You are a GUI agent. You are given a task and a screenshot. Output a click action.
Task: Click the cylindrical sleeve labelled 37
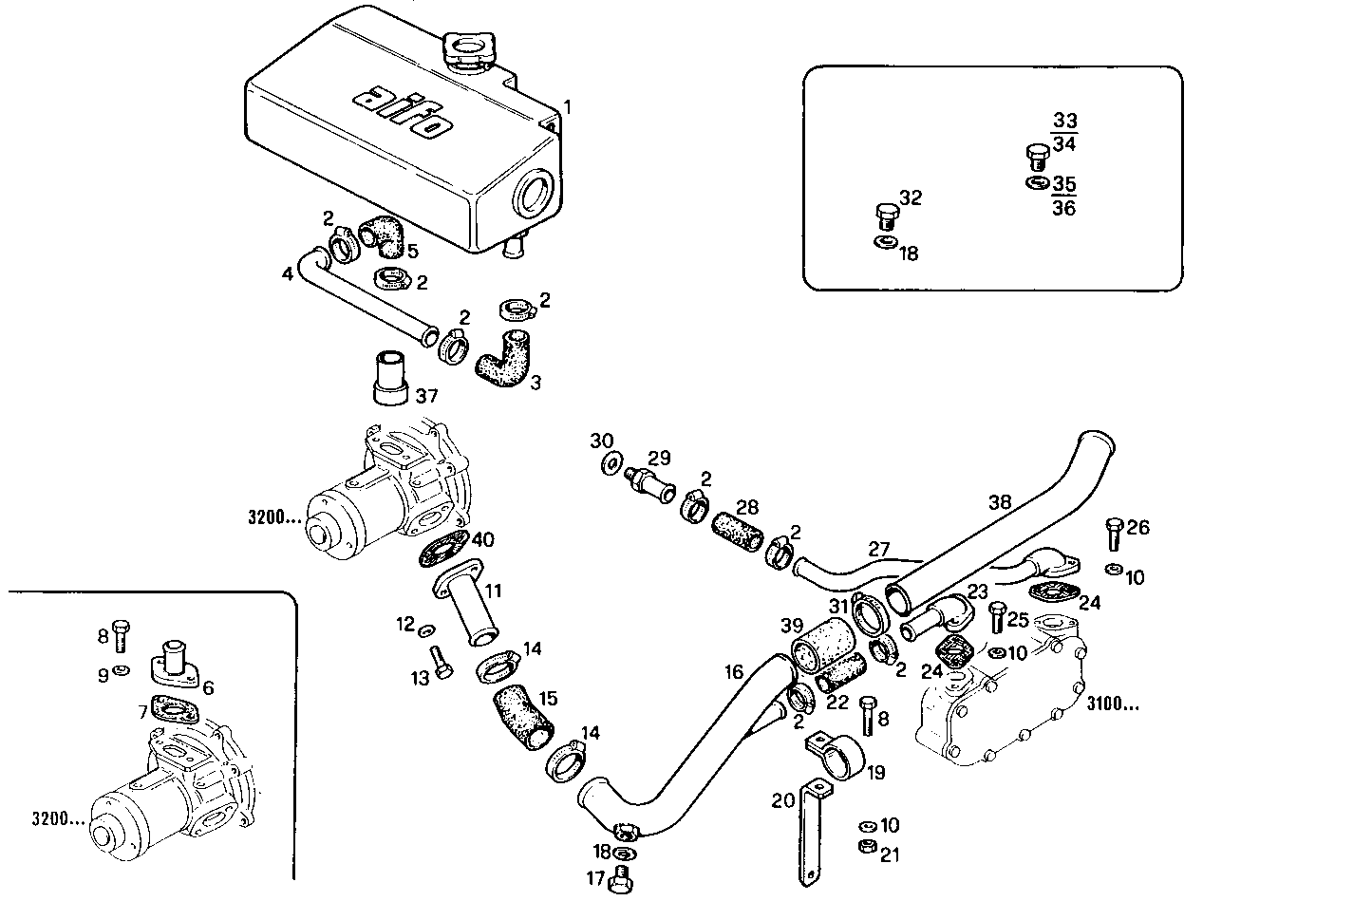[x=389, y=379]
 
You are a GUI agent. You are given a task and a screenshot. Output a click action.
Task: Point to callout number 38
[x=1000, y=501]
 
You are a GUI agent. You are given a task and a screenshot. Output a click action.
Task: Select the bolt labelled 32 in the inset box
[x=886, y=216]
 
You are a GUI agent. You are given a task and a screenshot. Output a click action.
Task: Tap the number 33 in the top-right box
[x=1064, y=121]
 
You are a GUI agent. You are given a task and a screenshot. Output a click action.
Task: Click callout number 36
[x=1064, y=208]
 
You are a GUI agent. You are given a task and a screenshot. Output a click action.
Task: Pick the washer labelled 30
[x=613, y=466]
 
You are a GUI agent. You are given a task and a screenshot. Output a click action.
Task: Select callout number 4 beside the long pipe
[x=287, y=274]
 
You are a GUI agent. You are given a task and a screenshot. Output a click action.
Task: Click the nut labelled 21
[x=866, y=846]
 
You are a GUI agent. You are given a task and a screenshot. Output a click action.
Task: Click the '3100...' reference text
[x=1112, y=704]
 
